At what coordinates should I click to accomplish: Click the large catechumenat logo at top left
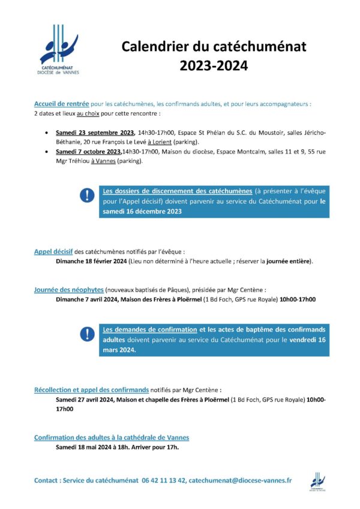[x=59, y=49]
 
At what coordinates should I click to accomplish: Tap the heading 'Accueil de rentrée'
[x=62, y=103]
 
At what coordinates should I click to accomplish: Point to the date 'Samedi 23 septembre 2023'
[x=95, y=132]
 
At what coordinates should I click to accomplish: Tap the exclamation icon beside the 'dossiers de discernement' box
[x=88, y=195]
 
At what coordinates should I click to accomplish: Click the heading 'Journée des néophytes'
[x=68, y=290]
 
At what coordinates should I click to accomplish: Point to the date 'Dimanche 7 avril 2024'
[x=88, y=299]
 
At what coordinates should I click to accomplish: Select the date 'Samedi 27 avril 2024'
[x=88, y=399]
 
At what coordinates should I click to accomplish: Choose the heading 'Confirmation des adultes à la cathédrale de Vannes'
[x=112, y=437]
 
